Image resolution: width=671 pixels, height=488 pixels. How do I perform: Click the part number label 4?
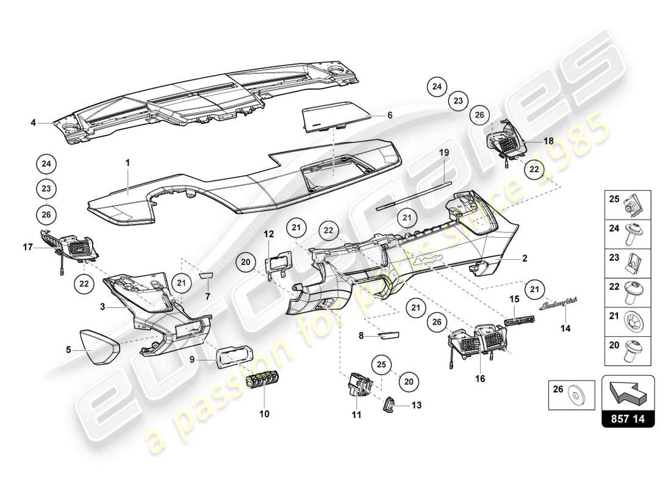click(34, 123)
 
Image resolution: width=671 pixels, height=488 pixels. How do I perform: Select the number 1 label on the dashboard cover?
click(127, 163)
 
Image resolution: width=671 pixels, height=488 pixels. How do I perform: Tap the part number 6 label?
click(390, 115)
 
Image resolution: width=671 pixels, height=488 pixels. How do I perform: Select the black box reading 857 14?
click(628, 419)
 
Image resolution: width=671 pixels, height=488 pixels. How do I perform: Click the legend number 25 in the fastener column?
click(613, 198)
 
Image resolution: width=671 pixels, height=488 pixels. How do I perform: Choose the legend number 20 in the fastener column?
click(613, 345)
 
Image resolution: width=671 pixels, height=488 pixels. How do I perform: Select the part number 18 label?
click(548, 141)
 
